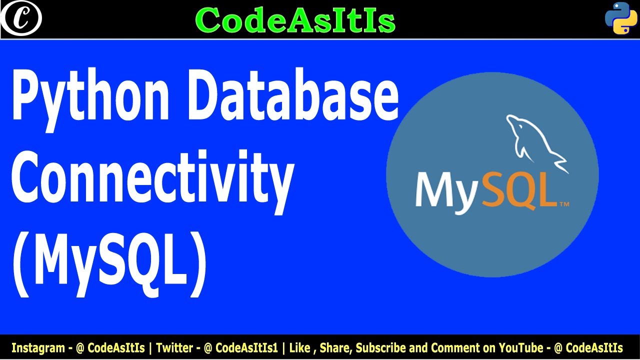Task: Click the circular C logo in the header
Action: [20, 19]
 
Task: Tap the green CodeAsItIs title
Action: [295, 20]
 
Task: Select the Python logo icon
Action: [620, 18]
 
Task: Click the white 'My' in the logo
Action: [444, 190]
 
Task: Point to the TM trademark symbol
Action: [563, 204]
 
